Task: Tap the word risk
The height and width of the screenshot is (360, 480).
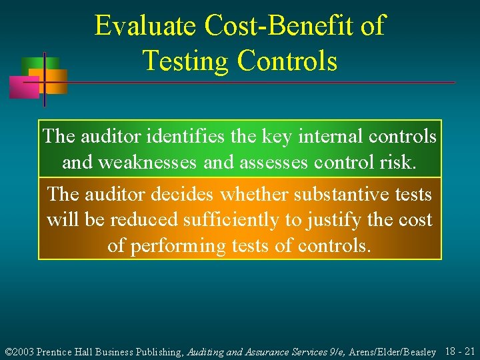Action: click(398, 162)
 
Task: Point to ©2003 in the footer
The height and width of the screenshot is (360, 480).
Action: click(19, 351)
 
